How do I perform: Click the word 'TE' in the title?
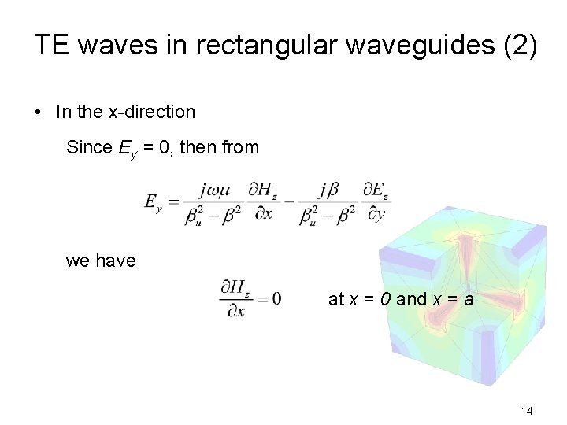49,45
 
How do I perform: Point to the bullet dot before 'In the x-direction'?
39,113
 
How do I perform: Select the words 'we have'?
101,261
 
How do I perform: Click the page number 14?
527,411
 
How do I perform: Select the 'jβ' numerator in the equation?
328,190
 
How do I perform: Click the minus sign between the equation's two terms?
288,202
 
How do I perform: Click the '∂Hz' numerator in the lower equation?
235,288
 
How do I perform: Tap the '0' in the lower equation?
276,299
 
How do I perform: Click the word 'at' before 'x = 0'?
336,299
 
